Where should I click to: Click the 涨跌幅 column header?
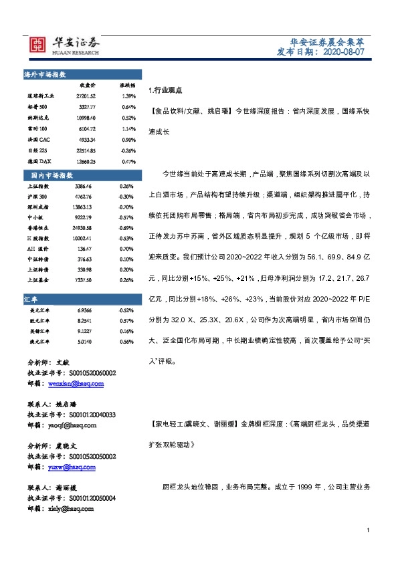[127, 86]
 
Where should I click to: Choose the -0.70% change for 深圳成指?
[126, 208]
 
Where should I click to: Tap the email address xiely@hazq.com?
[70, 508]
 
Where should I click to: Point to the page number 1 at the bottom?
[368, 530]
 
